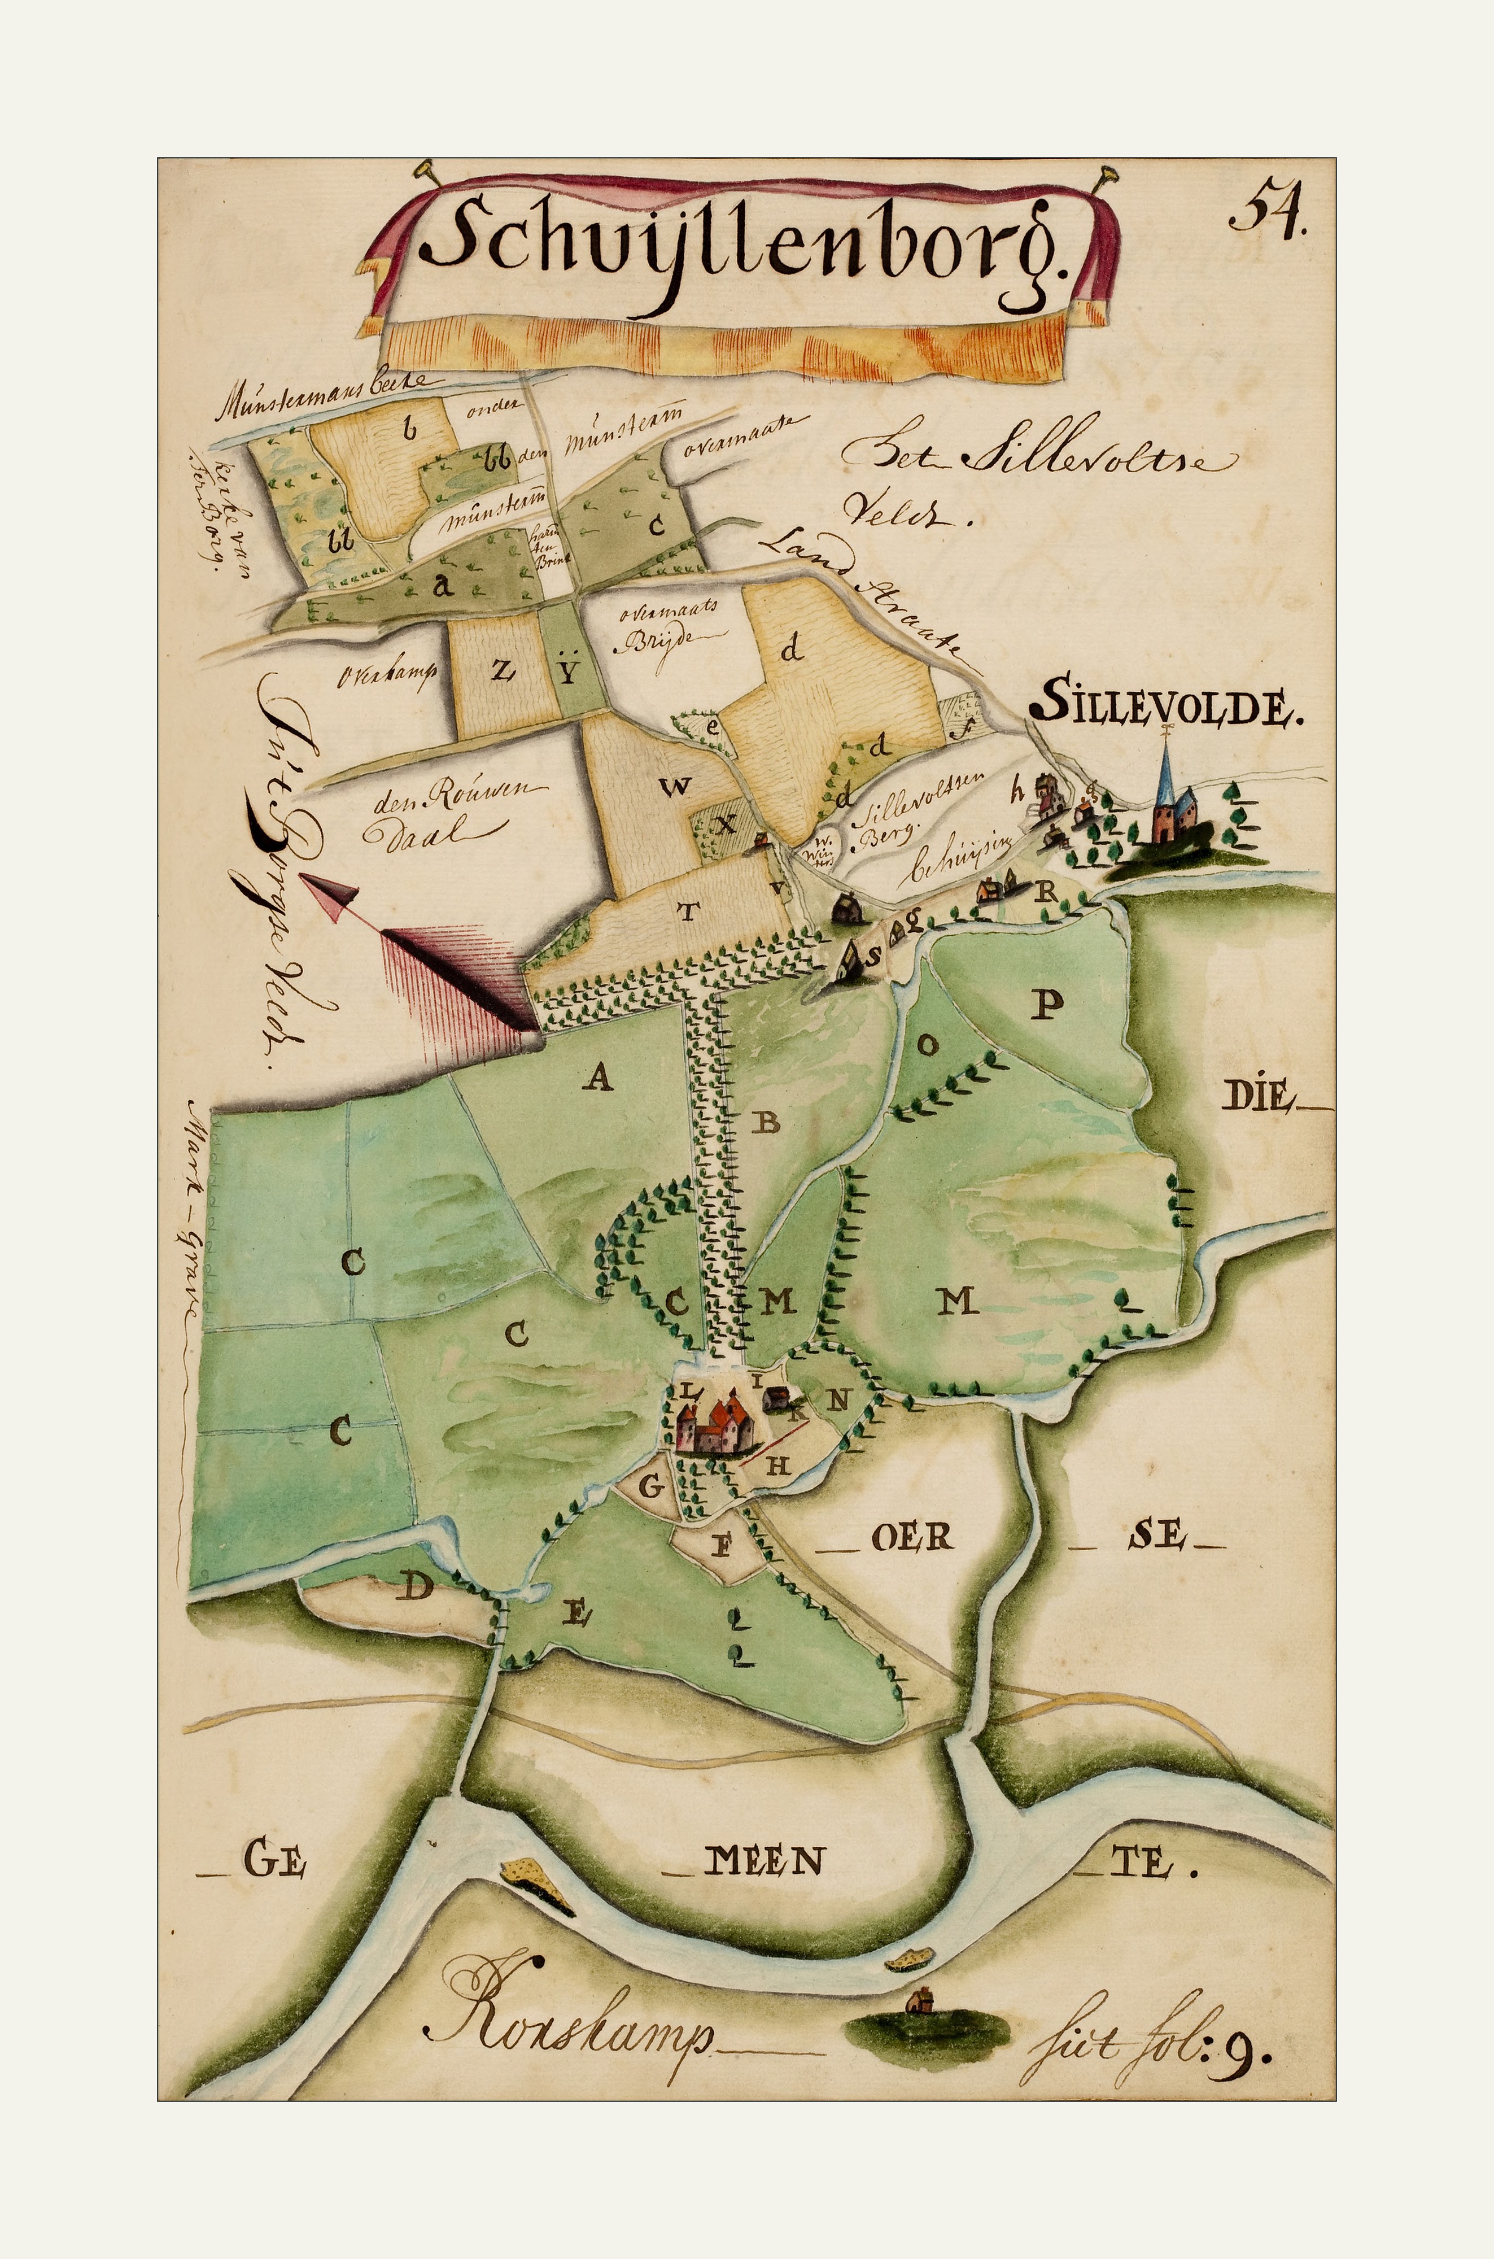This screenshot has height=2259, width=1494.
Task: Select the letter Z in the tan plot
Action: point(502,671)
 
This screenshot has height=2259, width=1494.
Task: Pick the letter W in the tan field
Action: point(675,787)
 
